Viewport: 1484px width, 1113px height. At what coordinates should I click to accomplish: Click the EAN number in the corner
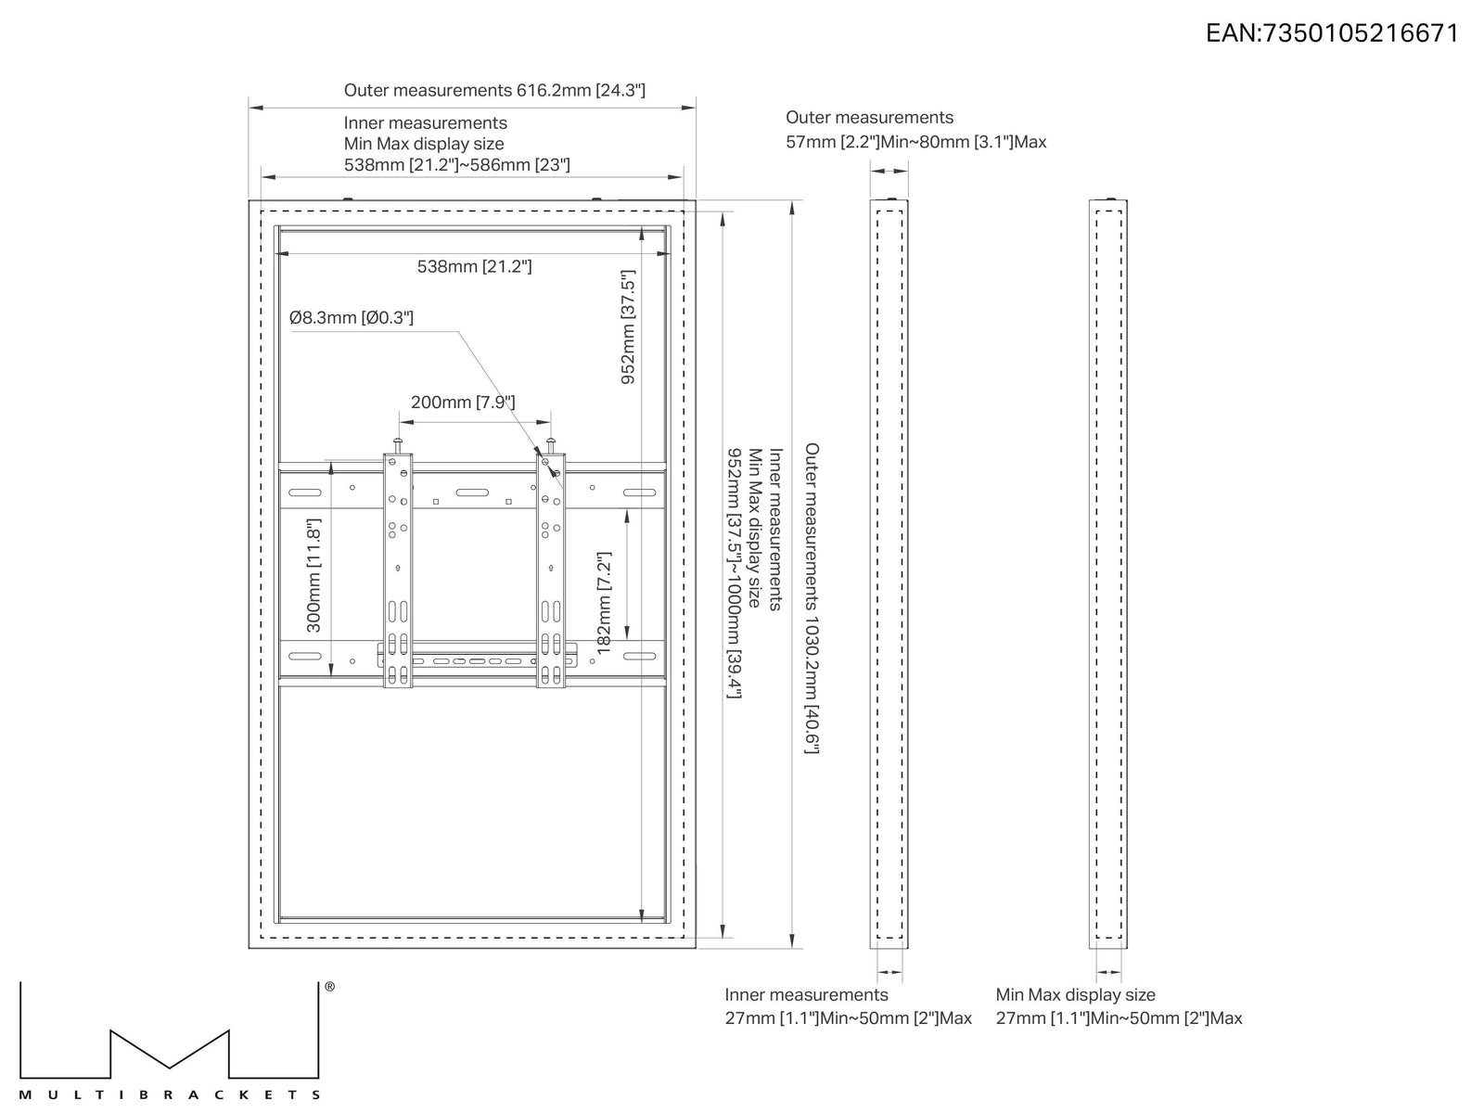pyautogui.click(x=1332, y=33)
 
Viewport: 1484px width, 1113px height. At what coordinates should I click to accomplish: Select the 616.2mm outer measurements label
pyautogui.click(x=494, y=91)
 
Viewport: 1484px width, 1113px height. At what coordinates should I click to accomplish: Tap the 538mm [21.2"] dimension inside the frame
pyautogui.click(x=474, y=266)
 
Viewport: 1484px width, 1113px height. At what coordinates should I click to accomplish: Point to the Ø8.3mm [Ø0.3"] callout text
pyautogui.click(x=351, y=317)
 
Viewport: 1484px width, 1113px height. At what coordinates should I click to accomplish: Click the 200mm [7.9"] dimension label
pyautogui.click(x=463, y=403)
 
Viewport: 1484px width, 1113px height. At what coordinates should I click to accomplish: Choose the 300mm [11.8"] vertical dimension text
pyautogui.click(x=313, y=575)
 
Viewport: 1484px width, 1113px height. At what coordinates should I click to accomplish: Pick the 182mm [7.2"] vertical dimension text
pyautogui.click(x=604, y=603)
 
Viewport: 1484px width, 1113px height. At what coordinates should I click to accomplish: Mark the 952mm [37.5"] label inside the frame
pyautogui.click(x=628, y=327)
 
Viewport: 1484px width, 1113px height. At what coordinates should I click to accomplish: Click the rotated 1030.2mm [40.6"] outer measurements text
pyautogui.click(x=812, y=598)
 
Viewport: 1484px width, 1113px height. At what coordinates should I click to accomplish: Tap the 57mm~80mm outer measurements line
pyautogui.click(x=915, y=142)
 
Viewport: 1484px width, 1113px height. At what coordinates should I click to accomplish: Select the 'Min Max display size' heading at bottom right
pyautogui.click(x=1075, y=994)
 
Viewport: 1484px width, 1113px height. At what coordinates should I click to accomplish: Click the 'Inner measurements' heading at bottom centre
pyautogui.click(x=806, y=994)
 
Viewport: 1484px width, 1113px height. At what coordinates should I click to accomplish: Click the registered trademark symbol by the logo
pyautogui.click(x=330, y=987)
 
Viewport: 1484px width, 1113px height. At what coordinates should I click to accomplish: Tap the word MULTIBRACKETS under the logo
pyautogui.click(x=169, y=1094)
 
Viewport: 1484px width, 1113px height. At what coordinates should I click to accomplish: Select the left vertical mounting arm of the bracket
pyautogui.click(x=398, y=570)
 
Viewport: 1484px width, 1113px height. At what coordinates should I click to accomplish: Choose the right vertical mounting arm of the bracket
pyautogui.click(x=551, y=570)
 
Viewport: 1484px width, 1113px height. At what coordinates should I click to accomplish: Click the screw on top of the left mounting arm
pyautogui.click(x=398, y=445)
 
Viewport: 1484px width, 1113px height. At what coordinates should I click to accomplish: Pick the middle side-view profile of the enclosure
pyautogui.click(x=889, y=574)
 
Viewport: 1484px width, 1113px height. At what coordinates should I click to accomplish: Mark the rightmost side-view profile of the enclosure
pyautogui.click(x=1108, y=574)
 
